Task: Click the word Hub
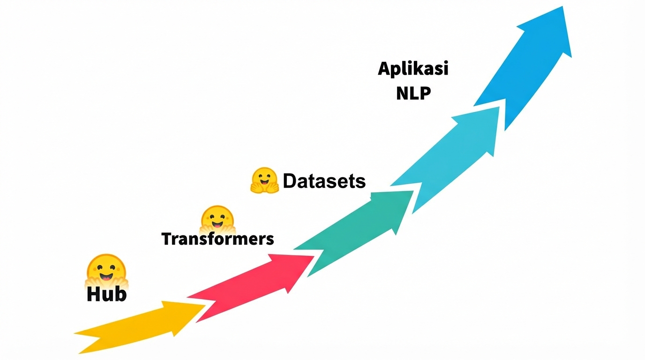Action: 107,294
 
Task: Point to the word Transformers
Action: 217,239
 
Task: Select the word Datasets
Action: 324,181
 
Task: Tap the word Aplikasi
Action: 413,69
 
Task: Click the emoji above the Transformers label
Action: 217,219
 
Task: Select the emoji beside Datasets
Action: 265,180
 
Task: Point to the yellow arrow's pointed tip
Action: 205,306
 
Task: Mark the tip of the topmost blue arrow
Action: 562,7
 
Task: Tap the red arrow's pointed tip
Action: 314,256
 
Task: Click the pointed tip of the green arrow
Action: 413,191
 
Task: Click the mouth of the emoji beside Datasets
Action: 265,183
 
